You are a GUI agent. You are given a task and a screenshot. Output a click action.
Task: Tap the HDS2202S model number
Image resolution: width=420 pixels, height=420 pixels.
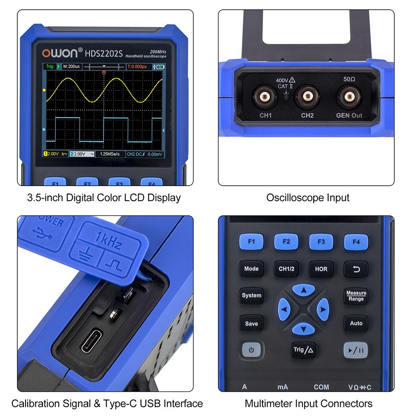103,53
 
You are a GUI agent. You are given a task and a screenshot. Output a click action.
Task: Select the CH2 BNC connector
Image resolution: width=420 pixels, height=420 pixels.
307,97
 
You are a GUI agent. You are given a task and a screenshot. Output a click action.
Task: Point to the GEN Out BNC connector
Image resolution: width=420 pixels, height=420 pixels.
349,97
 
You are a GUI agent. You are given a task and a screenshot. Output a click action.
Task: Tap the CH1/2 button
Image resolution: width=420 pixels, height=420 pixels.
286,269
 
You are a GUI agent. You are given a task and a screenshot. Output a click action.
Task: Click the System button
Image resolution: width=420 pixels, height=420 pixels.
251,295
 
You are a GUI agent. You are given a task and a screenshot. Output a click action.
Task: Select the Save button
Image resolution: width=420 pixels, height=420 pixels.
251,323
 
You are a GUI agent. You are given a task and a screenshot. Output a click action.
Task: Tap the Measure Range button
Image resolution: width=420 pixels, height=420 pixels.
356,296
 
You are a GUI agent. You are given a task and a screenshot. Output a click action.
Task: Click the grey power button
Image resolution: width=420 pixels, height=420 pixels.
251,349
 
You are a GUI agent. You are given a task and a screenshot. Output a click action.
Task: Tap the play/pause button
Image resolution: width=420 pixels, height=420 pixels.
356,349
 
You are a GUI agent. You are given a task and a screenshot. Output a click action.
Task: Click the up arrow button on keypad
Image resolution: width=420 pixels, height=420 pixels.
303,290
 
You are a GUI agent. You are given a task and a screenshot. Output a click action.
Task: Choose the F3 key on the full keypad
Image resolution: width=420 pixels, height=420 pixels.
321,242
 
